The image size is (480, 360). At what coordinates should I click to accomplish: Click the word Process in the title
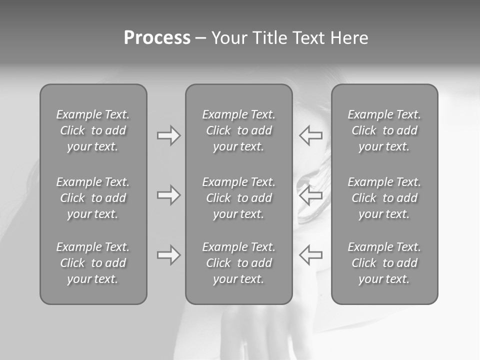[157, 38]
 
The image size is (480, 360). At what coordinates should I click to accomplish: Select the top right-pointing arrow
[168, 135]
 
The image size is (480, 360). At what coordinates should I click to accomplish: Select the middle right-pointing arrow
[168, 195]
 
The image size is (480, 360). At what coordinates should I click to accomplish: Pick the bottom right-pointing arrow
[168, 255]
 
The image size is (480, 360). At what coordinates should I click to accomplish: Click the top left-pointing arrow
[311, 135]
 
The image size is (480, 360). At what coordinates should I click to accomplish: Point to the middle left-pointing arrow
[311, 195]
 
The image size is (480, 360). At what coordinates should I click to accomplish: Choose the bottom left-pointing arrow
[311, 255]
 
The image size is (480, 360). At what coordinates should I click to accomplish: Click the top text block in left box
[93, 130]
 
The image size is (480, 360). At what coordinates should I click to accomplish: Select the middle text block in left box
[93, 198]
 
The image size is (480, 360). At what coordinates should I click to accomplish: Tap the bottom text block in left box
[93, 263]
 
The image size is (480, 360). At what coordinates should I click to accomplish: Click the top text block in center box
[238, 130]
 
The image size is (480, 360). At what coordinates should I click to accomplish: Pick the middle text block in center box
[238, 198]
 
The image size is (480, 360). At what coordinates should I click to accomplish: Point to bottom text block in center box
[238, 263]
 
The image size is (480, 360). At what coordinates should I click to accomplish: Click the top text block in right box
[384, 130]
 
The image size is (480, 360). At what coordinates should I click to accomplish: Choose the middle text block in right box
[384, 198]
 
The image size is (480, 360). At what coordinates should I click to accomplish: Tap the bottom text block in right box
[384, 263]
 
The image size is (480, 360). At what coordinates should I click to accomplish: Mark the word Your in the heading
[229, 38]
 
